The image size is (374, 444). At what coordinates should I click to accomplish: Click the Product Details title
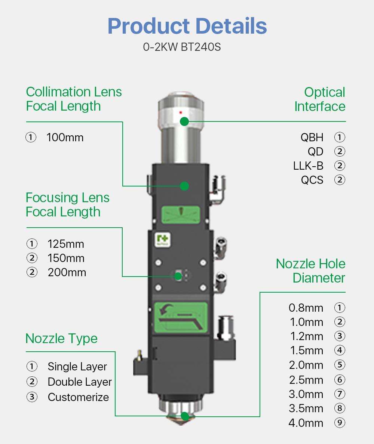(x=187, y=26)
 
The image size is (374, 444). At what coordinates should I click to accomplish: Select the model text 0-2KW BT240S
(x=182, y=47)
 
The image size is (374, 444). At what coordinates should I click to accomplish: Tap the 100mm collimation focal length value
(x=65, y=138)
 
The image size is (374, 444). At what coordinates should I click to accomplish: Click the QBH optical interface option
(x=312, y=137)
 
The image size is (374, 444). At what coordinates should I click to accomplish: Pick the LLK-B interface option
(x=308, y=166)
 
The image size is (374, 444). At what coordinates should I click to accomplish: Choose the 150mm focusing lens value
(x=66, y=258)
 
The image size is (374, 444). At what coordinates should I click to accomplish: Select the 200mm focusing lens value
(x=67, y=272)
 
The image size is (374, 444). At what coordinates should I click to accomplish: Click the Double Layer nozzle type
(x=80, y=382)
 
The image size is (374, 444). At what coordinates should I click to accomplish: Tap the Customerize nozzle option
(x=78, y=397)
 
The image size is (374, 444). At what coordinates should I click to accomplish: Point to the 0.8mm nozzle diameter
(x=306, y=308)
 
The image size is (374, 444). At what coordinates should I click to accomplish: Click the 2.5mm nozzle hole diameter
(x=306, y=380)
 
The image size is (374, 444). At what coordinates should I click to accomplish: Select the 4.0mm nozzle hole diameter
(x=306, y=423)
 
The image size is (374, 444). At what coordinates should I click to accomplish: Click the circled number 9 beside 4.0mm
(x=340, y=423)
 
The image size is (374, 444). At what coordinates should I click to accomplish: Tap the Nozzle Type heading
(x=61, y=339)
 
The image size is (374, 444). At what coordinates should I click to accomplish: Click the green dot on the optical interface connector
(x=184, y=121)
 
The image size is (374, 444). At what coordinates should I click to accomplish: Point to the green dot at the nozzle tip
(x=184, y=416)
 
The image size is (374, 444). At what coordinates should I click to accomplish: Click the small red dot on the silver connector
(x=181, y=112)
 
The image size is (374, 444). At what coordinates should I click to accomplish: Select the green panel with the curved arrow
(x=181, y=317)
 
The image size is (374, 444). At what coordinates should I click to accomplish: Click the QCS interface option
(x=312, y=180)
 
